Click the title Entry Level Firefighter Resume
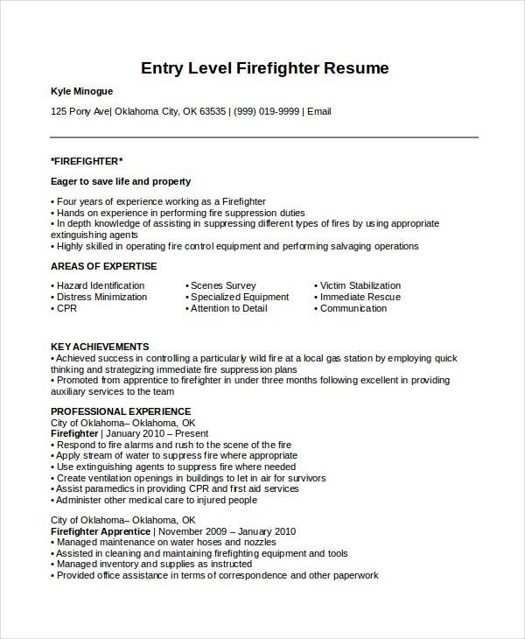coord(264,68)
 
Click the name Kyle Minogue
coord(81,91)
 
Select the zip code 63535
coord(212,111)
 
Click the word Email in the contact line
coord(318,111)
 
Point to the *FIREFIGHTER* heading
coord(87,161)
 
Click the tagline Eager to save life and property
coord(121,181)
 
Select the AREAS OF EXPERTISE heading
coord(103,266)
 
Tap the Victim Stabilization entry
coord(360,285)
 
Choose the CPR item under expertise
coord(66,308)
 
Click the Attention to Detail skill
coord(229,308)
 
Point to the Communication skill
coord(353,308)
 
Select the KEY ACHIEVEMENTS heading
coord(100,347)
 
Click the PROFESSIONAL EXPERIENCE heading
coord(121,411)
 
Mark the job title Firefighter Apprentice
coord(101,531)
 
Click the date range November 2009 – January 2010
coord(226,531)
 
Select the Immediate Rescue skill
coord(360,297)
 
